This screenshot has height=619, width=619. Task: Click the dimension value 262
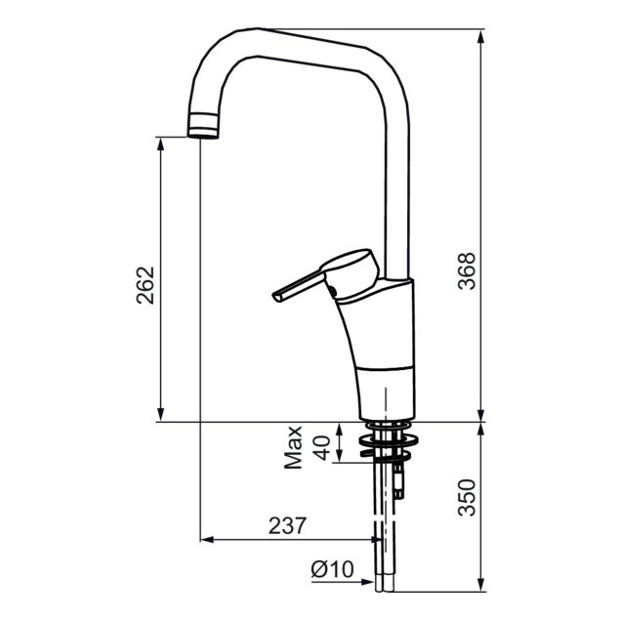pyautogui.click(x=145, y=285)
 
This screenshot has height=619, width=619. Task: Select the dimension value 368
pyautogui.click(x=467, y=270)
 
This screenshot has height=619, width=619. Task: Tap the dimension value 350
pyautogui.click(x=467, y=497)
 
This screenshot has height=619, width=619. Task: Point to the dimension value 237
pyautogui.click(x=287, y=525)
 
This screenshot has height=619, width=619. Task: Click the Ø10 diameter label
pyautogui.click(x=332, y=569)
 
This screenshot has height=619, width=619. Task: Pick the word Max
pyautogui.click(x=293, y=447)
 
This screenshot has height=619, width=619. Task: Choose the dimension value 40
pyautogui.click(x=322, y=448)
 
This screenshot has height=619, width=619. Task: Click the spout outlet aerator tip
pyautogui.click(x=203, y=126)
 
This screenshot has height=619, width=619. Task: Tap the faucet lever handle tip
pyautogui.click(x=276, y=297)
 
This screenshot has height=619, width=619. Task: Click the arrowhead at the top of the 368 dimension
pyautogui.click(x=480, y=36)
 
